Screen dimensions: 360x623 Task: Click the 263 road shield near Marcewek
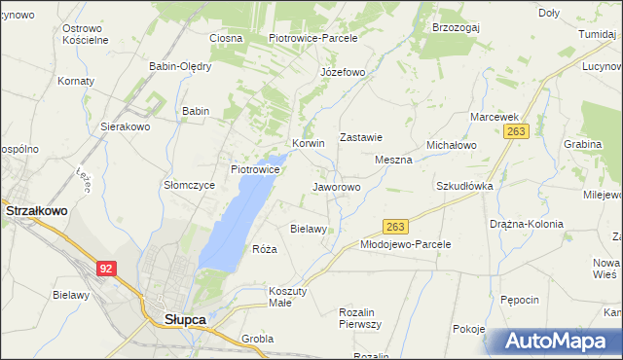(516, 131)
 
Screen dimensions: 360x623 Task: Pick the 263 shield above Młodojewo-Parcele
(394, 226)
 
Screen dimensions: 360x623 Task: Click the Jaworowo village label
(336, 186)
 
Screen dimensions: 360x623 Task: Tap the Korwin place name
(308, 142)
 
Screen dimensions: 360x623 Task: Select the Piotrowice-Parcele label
(313, 38)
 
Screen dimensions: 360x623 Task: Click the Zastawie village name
(360, 138)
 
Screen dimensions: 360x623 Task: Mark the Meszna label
(393, 160)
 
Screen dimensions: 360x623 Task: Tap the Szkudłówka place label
(464, 185)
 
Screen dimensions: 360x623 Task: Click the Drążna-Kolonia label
(527, 224)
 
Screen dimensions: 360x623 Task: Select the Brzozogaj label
(456, 28)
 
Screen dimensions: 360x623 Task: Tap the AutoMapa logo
(554, 342)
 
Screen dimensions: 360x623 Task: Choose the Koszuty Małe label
(287, 297)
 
